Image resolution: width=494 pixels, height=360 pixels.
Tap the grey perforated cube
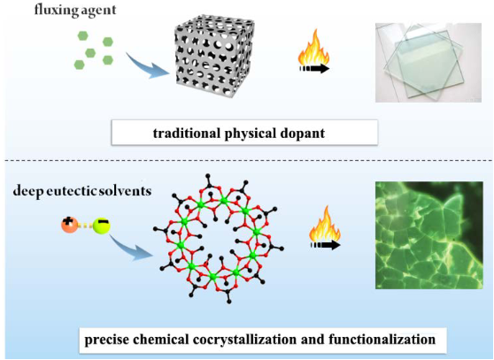(214, 56)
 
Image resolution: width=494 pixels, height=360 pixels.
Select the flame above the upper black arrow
(313, 47)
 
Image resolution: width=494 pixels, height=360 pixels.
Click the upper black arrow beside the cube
(314, 69)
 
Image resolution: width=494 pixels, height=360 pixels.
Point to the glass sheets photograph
(428, 62)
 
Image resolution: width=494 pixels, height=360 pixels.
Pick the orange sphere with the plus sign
(69, 225)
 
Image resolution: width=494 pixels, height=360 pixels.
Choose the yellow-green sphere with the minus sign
(102, 226)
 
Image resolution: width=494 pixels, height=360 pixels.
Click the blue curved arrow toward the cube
(146, 66)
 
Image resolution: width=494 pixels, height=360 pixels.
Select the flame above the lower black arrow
(325, 223)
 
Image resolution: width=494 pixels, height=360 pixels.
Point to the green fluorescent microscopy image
(429, 235)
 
